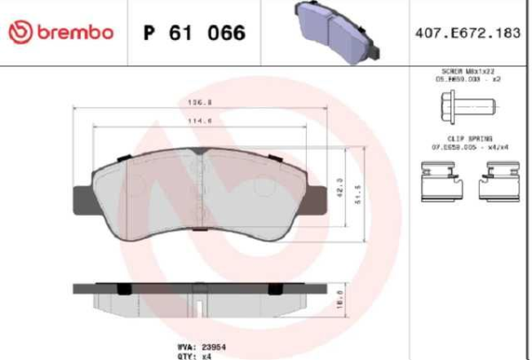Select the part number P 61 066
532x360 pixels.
[194, 34]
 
